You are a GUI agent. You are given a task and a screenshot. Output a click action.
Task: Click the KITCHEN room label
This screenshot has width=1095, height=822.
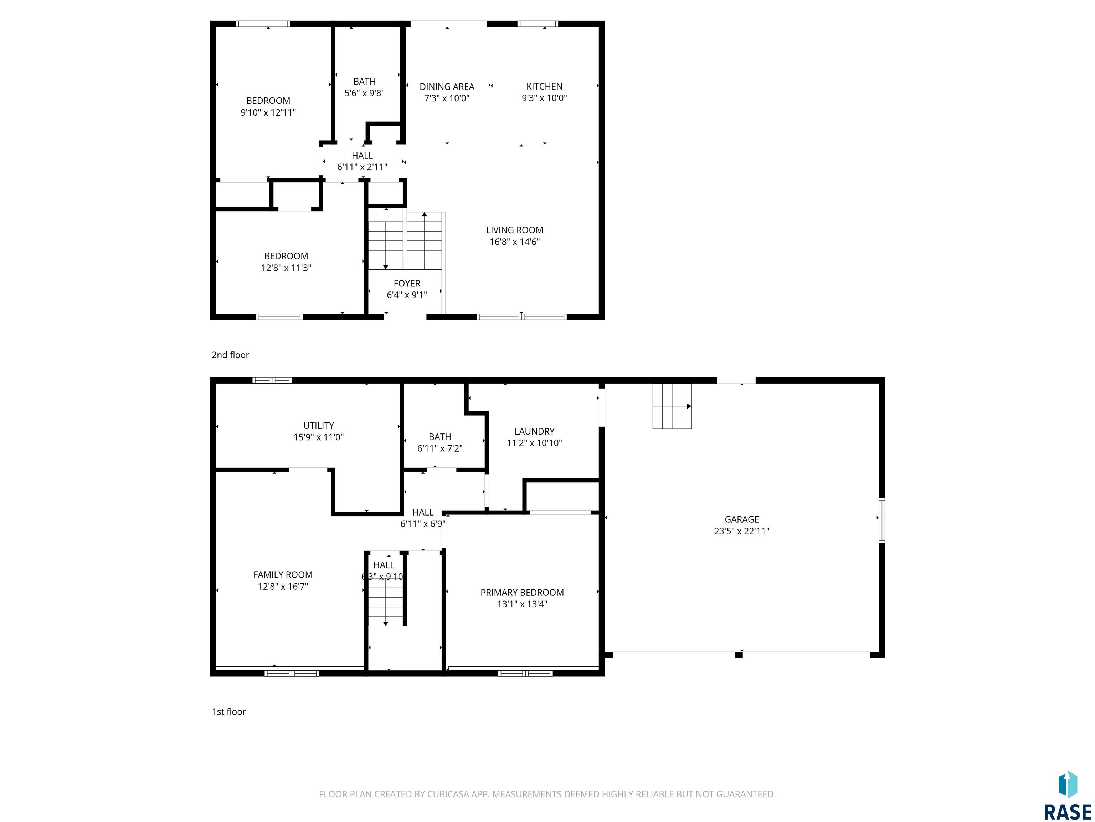tap(544, 86)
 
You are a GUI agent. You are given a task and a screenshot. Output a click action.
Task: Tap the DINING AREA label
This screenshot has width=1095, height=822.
tap(447, 87)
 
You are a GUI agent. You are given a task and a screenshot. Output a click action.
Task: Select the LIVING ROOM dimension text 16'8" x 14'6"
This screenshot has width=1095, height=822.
tap(514, 242)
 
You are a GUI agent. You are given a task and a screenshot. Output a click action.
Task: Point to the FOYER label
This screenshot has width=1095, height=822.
tap(407, 283)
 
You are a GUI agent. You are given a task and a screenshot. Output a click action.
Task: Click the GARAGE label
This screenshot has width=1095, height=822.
tap(741, 519)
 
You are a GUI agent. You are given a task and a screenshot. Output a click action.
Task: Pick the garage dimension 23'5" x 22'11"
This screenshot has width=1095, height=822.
tap(741, 531)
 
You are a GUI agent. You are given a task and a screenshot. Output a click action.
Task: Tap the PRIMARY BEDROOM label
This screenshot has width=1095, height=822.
tap(522, 592)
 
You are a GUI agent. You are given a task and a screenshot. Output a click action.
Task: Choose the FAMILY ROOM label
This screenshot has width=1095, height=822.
tap(283, 575)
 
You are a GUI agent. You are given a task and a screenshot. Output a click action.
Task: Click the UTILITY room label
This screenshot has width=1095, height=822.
tap(318, 426)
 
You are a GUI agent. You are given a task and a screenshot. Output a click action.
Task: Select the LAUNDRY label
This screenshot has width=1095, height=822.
tap(534, 432)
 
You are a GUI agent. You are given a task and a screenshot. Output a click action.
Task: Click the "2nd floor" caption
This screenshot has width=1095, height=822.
tap(230, 355)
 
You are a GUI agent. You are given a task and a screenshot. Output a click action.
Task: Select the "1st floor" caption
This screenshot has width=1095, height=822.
tap(229, 711)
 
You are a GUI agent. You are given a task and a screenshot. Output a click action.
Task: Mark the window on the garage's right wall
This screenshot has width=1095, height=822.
tap(881, 520)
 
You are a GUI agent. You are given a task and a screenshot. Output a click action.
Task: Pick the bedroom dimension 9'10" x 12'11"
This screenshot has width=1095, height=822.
tap(268, 112)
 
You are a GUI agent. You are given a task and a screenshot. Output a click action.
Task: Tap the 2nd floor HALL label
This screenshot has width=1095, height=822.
tap(363, 156)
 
